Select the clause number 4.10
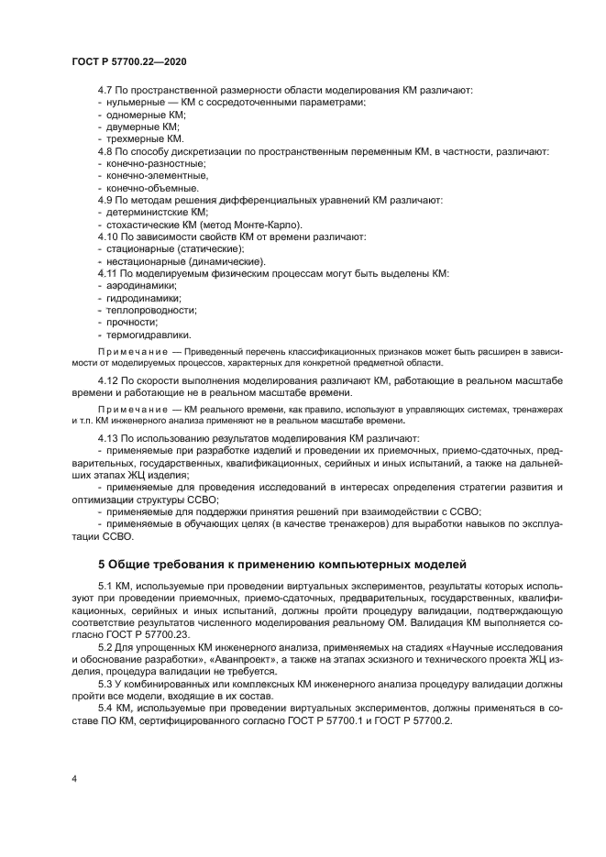[x=109, y=236]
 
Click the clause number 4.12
[x=109, y=379]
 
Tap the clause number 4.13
[x=109, y=438]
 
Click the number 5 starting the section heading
[x=102, y=562]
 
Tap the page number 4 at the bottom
[x=73, y=778]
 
